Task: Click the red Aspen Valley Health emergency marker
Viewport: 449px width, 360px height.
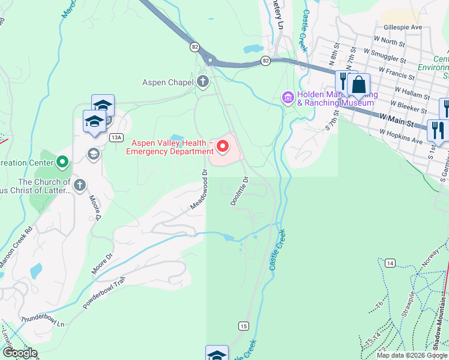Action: tap(223, 146)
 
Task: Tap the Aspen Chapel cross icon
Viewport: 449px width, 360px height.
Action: tap(203, 82)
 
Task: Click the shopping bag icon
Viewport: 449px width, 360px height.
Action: tap(358, 85)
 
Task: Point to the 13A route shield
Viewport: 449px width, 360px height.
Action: tap(116, 137)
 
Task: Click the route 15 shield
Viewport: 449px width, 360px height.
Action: tap(243, 326)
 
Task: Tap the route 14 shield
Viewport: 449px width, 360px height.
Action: tap(390, 263)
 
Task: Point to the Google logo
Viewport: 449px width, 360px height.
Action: tap(20, 353)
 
